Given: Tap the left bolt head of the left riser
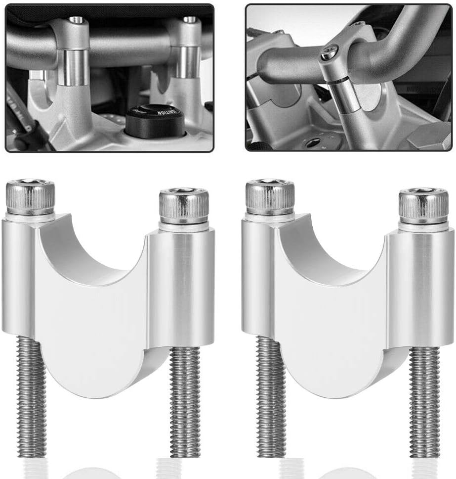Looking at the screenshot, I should point(30,197).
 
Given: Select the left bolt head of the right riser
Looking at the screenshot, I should point(270,197).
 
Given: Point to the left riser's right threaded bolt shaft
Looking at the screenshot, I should point(185,401).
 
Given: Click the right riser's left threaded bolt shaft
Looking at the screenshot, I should point(271,396).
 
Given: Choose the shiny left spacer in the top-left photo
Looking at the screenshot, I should point(73,67).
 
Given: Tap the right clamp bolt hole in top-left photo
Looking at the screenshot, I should point(189,20).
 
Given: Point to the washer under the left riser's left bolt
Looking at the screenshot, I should point(30,217).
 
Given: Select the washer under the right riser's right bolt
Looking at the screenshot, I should point(423,227).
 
